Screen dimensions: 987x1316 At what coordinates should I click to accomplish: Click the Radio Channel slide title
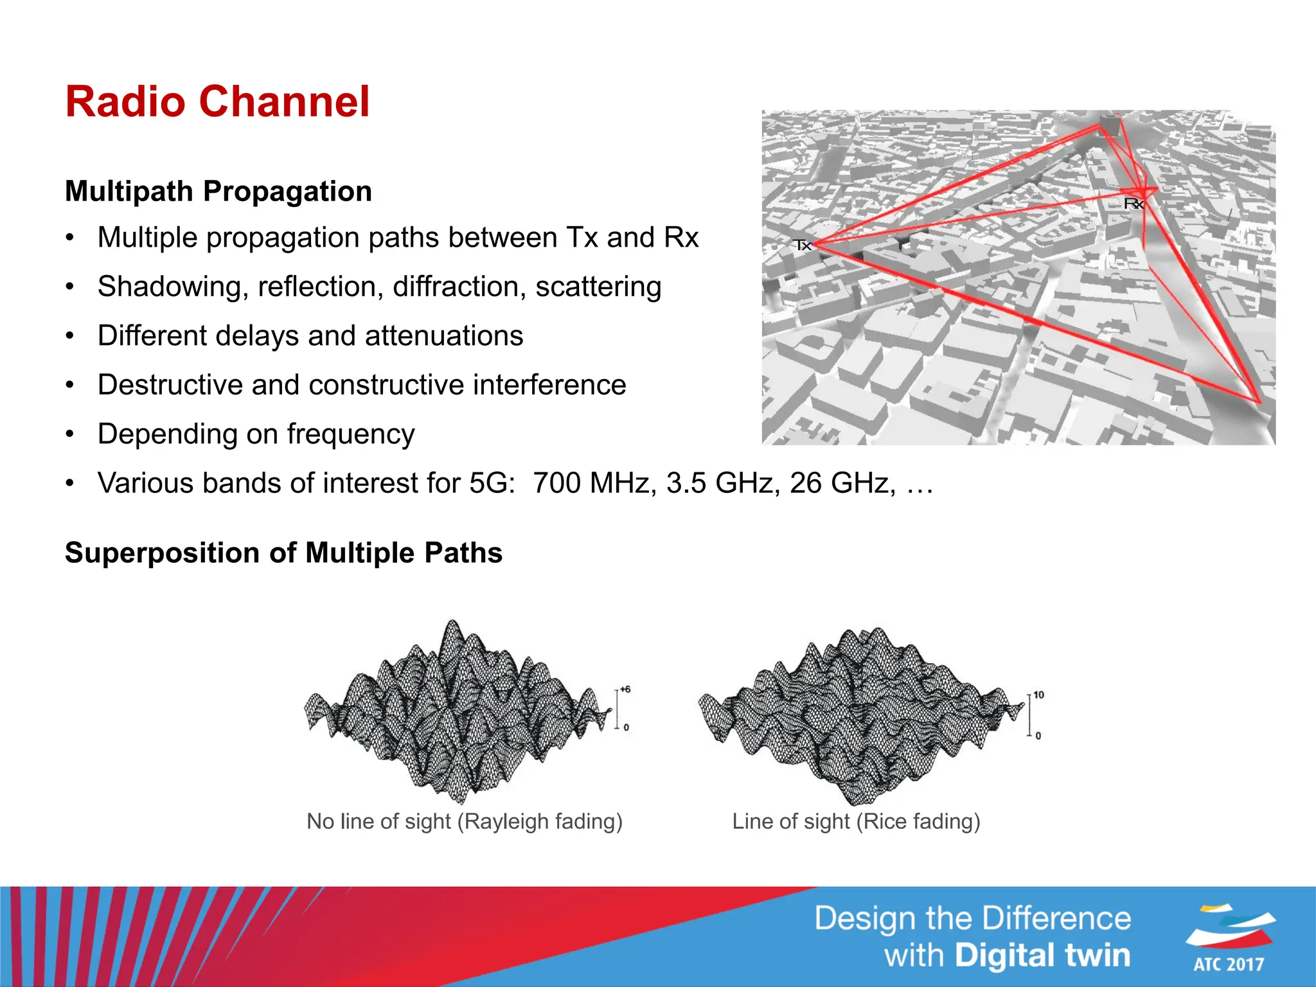217,102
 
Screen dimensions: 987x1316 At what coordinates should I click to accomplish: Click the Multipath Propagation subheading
218,191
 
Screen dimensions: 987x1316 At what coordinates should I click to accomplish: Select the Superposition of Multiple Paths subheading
283,553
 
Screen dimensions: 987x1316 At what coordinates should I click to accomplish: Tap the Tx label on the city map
802,245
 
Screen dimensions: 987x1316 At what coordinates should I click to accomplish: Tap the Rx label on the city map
1134,204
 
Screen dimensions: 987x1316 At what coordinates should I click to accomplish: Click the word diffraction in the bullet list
459,287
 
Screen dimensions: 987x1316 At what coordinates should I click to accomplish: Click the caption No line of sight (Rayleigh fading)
465,821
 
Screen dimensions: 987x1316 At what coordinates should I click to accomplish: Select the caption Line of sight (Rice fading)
856,821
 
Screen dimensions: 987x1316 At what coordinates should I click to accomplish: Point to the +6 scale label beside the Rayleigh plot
625,689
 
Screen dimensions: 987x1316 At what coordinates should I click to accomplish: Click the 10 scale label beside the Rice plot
1038,695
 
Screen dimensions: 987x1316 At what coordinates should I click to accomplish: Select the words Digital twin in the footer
1042,955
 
